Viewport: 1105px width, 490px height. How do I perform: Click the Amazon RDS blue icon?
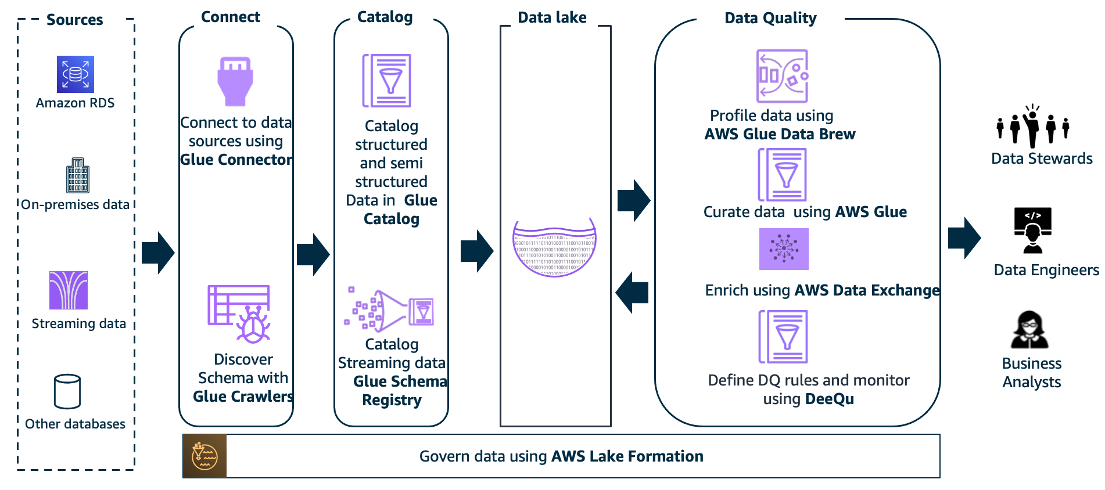click(x=76, y=74)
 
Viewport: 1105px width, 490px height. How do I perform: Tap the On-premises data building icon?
click(x=78, y=175)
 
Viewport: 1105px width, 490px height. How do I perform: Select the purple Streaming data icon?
click(x=69, y=290)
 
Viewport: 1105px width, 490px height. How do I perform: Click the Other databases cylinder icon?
click(x=67, y=392)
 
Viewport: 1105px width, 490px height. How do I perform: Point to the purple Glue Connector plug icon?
click(x=235, y=81)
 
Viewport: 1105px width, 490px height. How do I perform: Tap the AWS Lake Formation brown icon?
click(x=205, y=456)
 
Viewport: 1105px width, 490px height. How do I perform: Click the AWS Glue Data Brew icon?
click(x=782, y=76)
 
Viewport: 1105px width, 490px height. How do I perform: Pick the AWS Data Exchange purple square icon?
click(x=784, y=249)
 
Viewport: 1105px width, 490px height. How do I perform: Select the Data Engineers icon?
click(x=1032, y=230)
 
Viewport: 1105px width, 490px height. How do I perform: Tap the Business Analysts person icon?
click(x=1029, y=330)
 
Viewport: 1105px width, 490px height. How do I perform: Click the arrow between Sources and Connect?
click(x=158, y=253)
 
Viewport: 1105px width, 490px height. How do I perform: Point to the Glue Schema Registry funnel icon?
click(x=389, y=311)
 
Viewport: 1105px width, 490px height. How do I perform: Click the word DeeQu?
click(x=829, y=399)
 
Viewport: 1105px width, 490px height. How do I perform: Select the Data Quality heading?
click(x=770, y=18)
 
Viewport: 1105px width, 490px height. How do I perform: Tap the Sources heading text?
click(x=74, y=20)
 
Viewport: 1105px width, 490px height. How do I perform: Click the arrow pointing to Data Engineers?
click(x=964, y=238)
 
